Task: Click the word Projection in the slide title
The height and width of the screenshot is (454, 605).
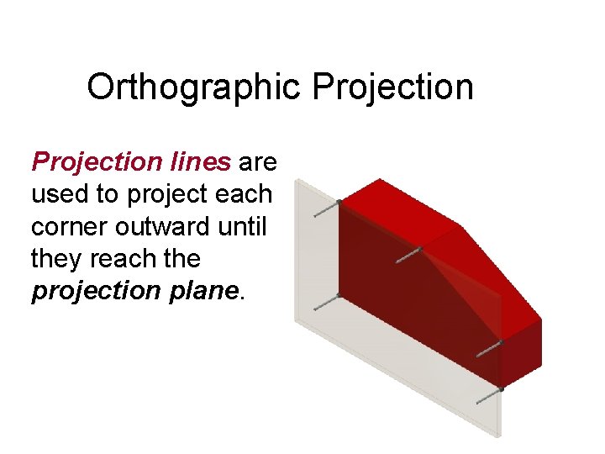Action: (393, 87)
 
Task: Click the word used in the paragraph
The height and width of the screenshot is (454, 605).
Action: (60, 193)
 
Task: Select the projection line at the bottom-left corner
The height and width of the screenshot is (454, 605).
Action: (326, 303)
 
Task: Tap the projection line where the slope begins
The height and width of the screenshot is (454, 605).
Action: (408, 254)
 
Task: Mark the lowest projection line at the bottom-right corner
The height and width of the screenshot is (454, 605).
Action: (489, 396)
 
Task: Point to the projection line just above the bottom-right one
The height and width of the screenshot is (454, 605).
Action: (489, 349)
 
